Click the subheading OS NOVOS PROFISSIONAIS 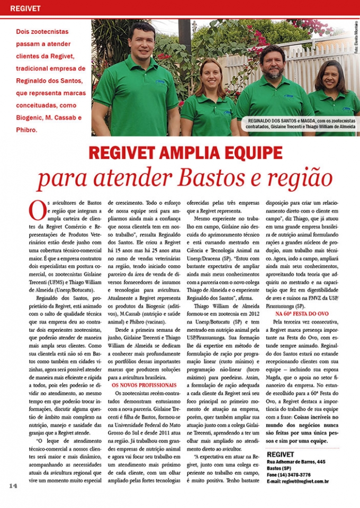pyautogui.click(x=138, y=385)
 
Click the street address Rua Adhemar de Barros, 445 pyautogui.click(x=296, y=462)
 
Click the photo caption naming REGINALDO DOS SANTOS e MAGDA pyautogui.click(x=301, y=124)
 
